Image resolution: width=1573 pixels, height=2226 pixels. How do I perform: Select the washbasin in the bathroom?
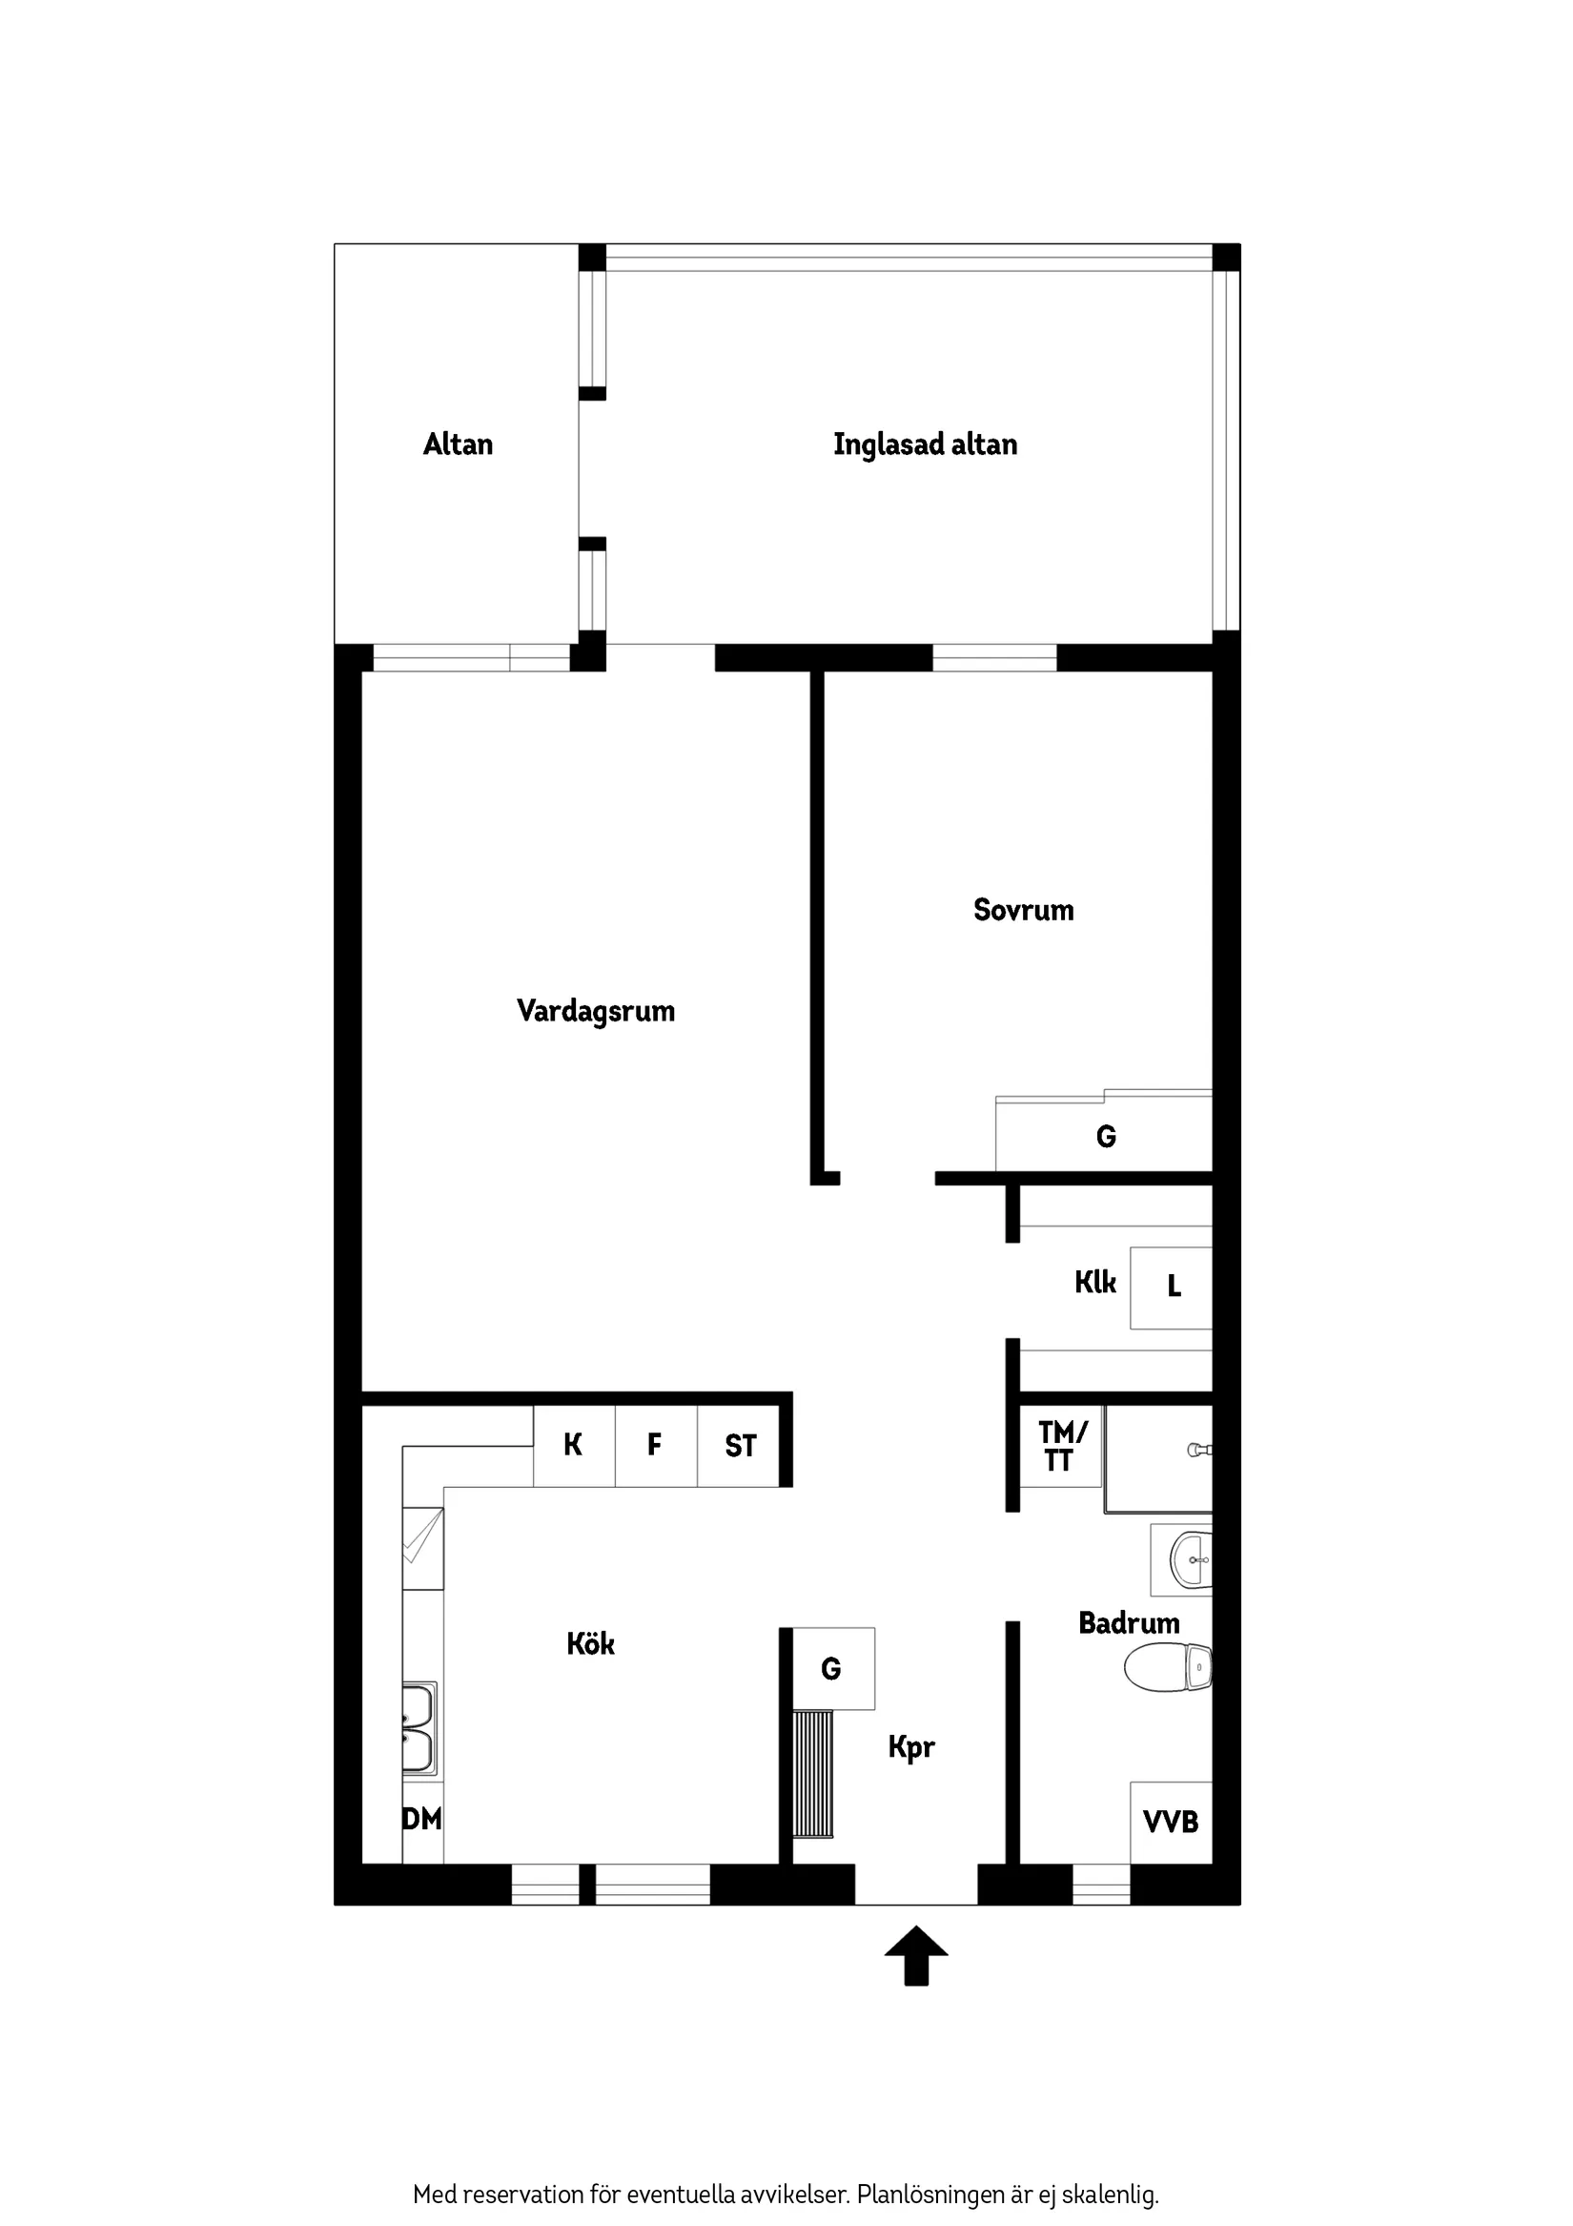1189,1559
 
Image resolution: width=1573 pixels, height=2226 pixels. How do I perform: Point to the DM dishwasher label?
421,1819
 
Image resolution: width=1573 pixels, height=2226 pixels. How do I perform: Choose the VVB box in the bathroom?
1171,1822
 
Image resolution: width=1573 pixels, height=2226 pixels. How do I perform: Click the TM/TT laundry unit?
1060,1446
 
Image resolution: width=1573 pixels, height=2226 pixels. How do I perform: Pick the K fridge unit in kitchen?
573,1445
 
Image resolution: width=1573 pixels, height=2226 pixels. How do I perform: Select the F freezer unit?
655,1445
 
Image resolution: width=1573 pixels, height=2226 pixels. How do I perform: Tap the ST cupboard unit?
740,1446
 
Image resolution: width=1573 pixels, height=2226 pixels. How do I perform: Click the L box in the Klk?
1172,1287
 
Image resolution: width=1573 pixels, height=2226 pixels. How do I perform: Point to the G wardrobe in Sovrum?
1105,1135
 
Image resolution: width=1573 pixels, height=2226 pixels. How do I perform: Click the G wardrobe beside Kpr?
831,1668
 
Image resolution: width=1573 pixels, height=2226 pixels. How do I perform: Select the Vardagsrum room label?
595,1011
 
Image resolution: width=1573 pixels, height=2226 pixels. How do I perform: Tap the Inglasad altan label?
925,444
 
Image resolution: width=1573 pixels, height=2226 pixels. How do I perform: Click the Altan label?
458,444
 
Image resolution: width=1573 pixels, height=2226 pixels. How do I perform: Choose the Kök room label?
590,1643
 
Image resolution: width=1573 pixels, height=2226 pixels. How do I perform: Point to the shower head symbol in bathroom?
1199,1450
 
